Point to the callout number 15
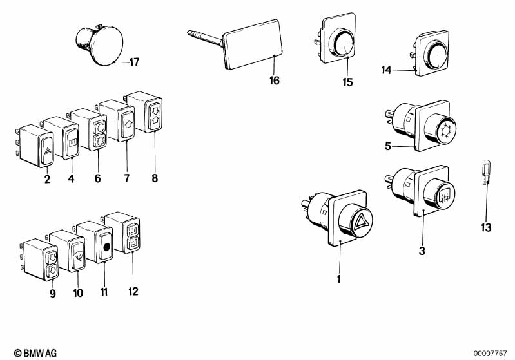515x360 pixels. click(x=348, y=82)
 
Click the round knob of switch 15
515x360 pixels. click(x=344, y=45)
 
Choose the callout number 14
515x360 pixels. click(x=387, y=70)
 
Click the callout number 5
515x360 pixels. click(x=389, y=146)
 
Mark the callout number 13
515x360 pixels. click(x=485, y=228)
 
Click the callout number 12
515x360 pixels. click(x=133, y=291)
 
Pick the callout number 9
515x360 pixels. click(x=53, y=294)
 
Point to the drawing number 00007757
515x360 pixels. click(x=492, y=352)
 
